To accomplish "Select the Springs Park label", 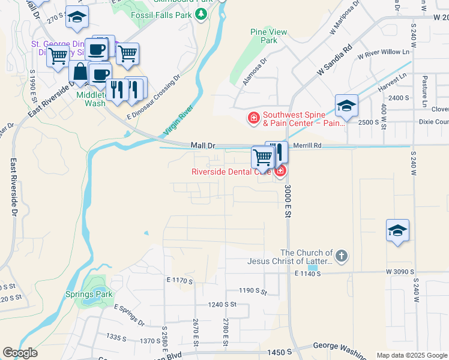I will point(89,295).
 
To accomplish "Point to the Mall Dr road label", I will point(202,145).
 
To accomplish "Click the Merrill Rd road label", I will point(307,145).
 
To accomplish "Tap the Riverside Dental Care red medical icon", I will point(280,171).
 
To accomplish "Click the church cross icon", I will point(341,256).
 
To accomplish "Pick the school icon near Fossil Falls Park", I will point(77,18).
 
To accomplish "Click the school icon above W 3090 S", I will point(397,231).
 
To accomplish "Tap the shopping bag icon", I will point(79,72).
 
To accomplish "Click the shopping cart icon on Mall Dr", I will point(262,158).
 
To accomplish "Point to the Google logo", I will point(20,353).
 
